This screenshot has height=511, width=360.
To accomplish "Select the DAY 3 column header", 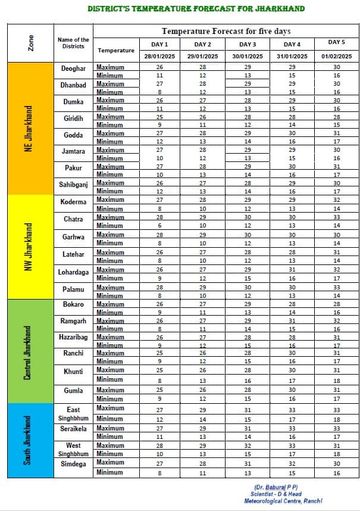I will (x=248, y=44).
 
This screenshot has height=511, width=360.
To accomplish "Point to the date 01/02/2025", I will (x=337, y=56).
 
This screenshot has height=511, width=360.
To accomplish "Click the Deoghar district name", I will (x=73, y=68).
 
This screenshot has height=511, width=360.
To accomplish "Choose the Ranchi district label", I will (x=73, y=353).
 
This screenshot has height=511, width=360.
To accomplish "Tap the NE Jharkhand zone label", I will (x=29, y=128).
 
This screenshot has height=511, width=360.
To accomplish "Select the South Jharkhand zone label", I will (x=29, y=440).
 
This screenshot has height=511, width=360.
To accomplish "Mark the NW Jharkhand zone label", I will (x=29, y=247).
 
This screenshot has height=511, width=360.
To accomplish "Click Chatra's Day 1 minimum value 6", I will (x=159, y=226).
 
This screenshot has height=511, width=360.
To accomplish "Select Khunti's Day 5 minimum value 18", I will (x=337, y=381).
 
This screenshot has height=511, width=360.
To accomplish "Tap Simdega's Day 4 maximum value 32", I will (x=292, y=463).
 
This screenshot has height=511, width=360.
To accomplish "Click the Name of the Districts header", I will (x=73, y=43).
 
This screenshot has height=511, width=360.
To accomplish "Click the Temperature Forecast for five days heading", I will (x=226, y=31).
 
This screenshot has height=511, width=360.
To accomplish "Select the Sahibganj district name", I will (x=74, y=185).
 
